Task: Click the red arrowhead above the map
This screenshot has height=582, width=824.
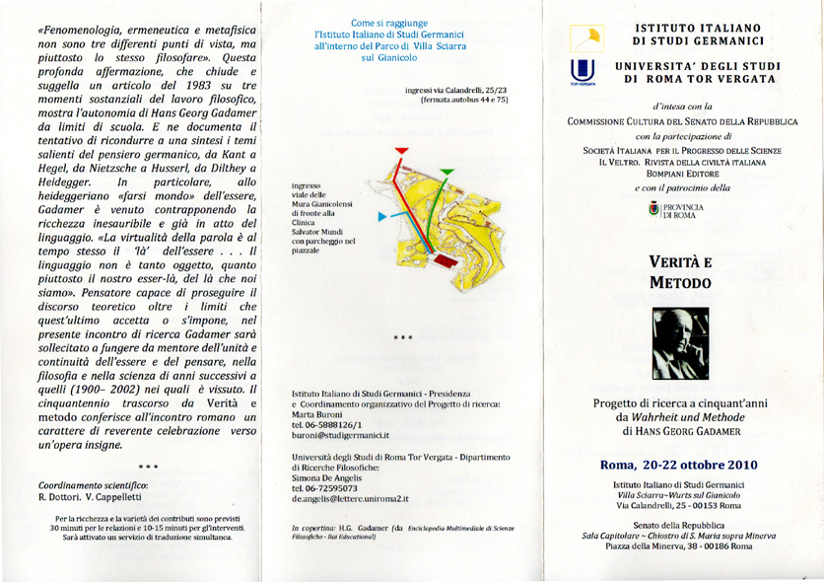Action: (401, 151)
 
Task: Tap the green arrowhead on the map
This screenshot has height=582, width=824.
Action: (446, 173)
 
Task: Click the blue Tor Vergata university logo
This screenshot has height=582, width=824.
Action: (581, 71)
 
